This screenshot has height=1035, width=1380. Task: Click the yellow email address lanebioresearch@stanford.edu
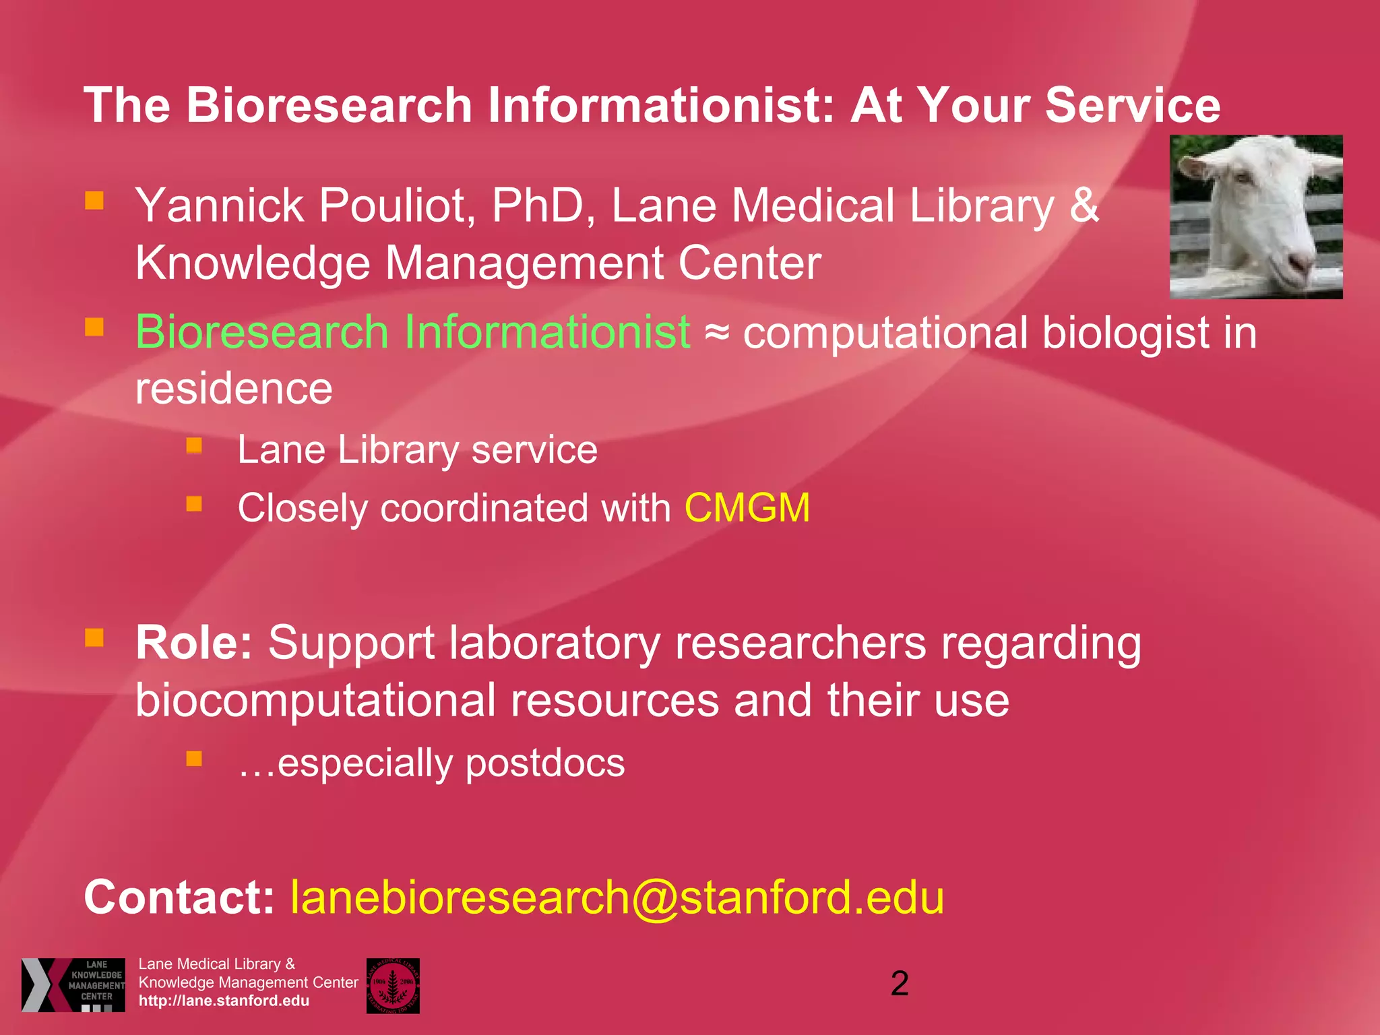617,898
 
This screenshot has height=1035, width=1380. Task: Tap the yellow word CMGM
747,507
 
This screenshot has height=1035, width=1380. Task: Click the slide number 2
900,984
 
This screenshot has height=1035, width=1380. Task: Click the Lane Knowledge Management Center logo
73,984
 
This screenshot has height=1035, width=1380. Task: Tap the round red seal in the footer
393,985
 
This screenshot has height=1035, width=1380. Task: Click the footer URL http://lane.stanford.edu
224,1001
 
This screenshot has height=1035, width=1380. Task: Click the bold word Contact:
179,898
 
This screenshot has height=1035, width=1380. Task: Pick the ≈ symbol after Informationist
716,333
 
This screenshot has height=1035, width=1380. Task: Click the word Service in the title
1132,106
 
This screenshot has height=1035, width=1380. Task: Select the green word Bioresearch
262,332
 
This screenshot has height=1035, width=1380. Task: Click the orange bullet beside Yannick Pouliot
94,200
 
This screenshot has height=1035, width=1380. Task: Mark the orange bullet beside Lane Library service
194,445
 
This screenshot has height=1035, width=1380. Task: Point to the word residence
234,389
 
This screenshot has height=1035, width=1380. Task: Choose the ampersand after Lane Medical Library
1084,205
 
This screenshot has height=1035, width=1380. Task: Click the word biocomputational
315,701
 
